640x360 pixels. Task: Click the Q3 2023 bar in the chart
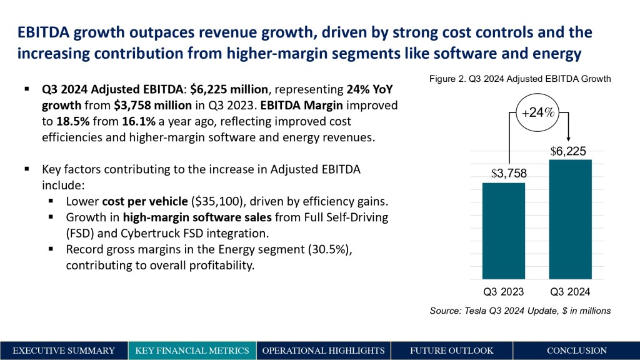pyautogui.click(x=503, y=231)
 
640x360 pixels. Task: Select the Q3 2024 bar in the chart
pyautogui.click(x=570, y=219)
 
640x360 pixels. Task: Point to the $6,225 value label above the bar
pyautogui.click(x=568, y=151)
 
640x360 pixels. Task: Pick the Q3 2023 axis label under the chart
pyautogui.click(x=503, y=291)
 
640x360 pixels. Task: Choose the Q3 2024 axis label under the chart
pyautogui.click(x=570, y=291)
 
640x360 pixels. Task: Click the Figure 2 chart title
pyautogui.click(x=519, y=79)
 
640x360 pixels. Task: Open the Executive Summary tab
pyautogui.click(x=64, y=351)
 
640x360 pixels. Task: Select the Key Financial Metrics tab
pyautogui.click(x=192, y=351)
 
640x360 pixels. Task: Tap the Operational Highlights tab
pyautogui.click(x=323, y=351)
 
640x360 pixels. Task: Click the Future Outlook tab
pyautogui.click(x=451, y=351)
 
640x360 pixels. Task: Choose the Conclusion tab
pyautogui.click(x=576, y=351)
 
